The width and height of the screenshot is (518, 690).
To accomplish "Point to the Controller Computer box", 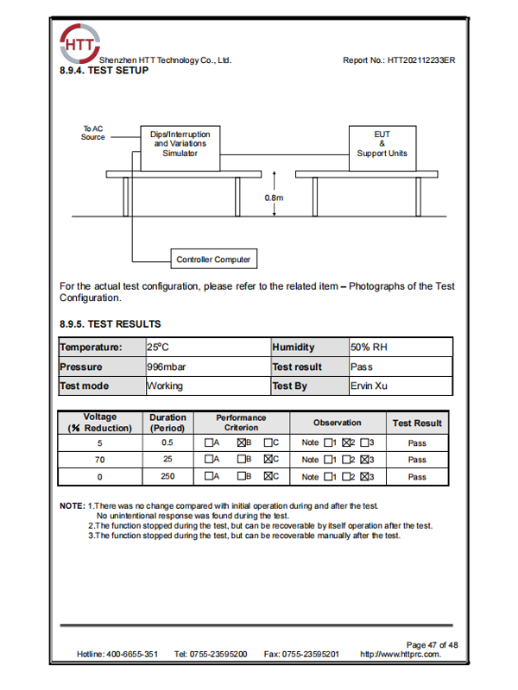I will (x=213, y=259).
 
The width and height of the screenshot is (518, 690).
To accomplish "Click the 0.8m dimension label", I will (x=274, y=198).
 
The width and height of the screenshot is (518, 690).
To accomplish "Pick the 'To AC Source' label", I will (x=93, y=133).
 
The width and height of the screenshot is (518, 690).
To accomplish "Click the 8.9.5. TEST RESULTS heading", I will (x=110, y=324).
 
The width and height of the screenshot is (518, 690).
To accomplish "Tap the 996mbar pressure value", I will (x=166, y=367).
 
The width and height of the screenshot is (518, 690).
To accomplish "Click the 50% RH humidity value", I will (x=369, y=347).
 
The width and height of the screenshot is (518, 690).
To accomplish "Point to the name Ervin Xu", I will (x=369, y=386).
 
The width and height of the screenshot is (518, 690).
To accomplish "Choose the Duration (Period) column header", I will (x=167, y=423).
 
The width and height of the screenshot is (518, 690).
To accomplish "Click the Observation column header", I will (x=337, y=423).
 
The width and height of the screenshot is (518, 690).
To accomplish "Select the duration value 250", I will (x=167, y=476).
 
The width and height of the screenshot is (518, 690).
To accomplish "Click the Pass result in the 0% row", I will (x=417, y=476).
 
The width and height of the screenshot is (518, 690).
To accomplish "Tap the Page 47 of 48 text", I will (x=431, y=644).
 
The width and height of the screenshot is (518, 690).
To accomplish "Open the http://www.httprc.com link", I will (x=400, y=655).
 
